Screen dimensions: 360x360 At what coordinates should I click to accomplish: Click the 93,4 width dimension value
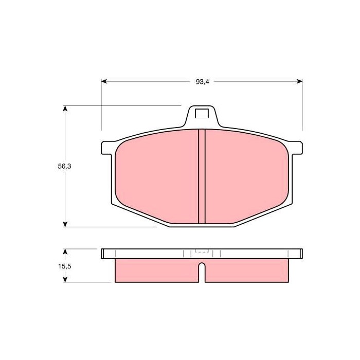click(202, 82)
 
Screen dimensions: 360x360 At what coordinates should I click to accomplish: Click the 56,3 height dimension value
click(64, 166)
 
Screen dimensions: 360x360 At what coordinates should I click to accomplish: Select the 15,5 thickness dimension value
click(64, 266)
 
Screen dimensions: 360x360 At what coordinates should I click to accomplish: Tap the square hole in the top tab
click(202, 114)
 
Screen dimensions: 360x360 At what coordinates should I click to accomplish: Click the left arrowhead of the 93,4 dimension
click(104, 81)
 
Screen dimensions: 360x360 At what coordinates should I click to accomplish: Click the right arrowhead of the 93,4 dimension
click(300, 81)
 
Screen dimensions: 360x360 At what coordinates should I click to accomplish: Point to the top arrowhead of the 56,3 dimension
click(65, 109)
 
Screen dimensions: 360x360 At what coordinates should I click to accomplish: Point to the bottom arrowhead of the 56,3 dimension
click(65, 224)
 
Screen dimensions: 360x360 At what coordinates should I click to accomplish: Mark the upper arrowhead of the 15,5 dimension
click(65, 251)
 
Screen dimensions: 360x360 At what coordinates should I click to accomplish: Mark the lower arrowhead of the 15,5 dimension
click(65, 279)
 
